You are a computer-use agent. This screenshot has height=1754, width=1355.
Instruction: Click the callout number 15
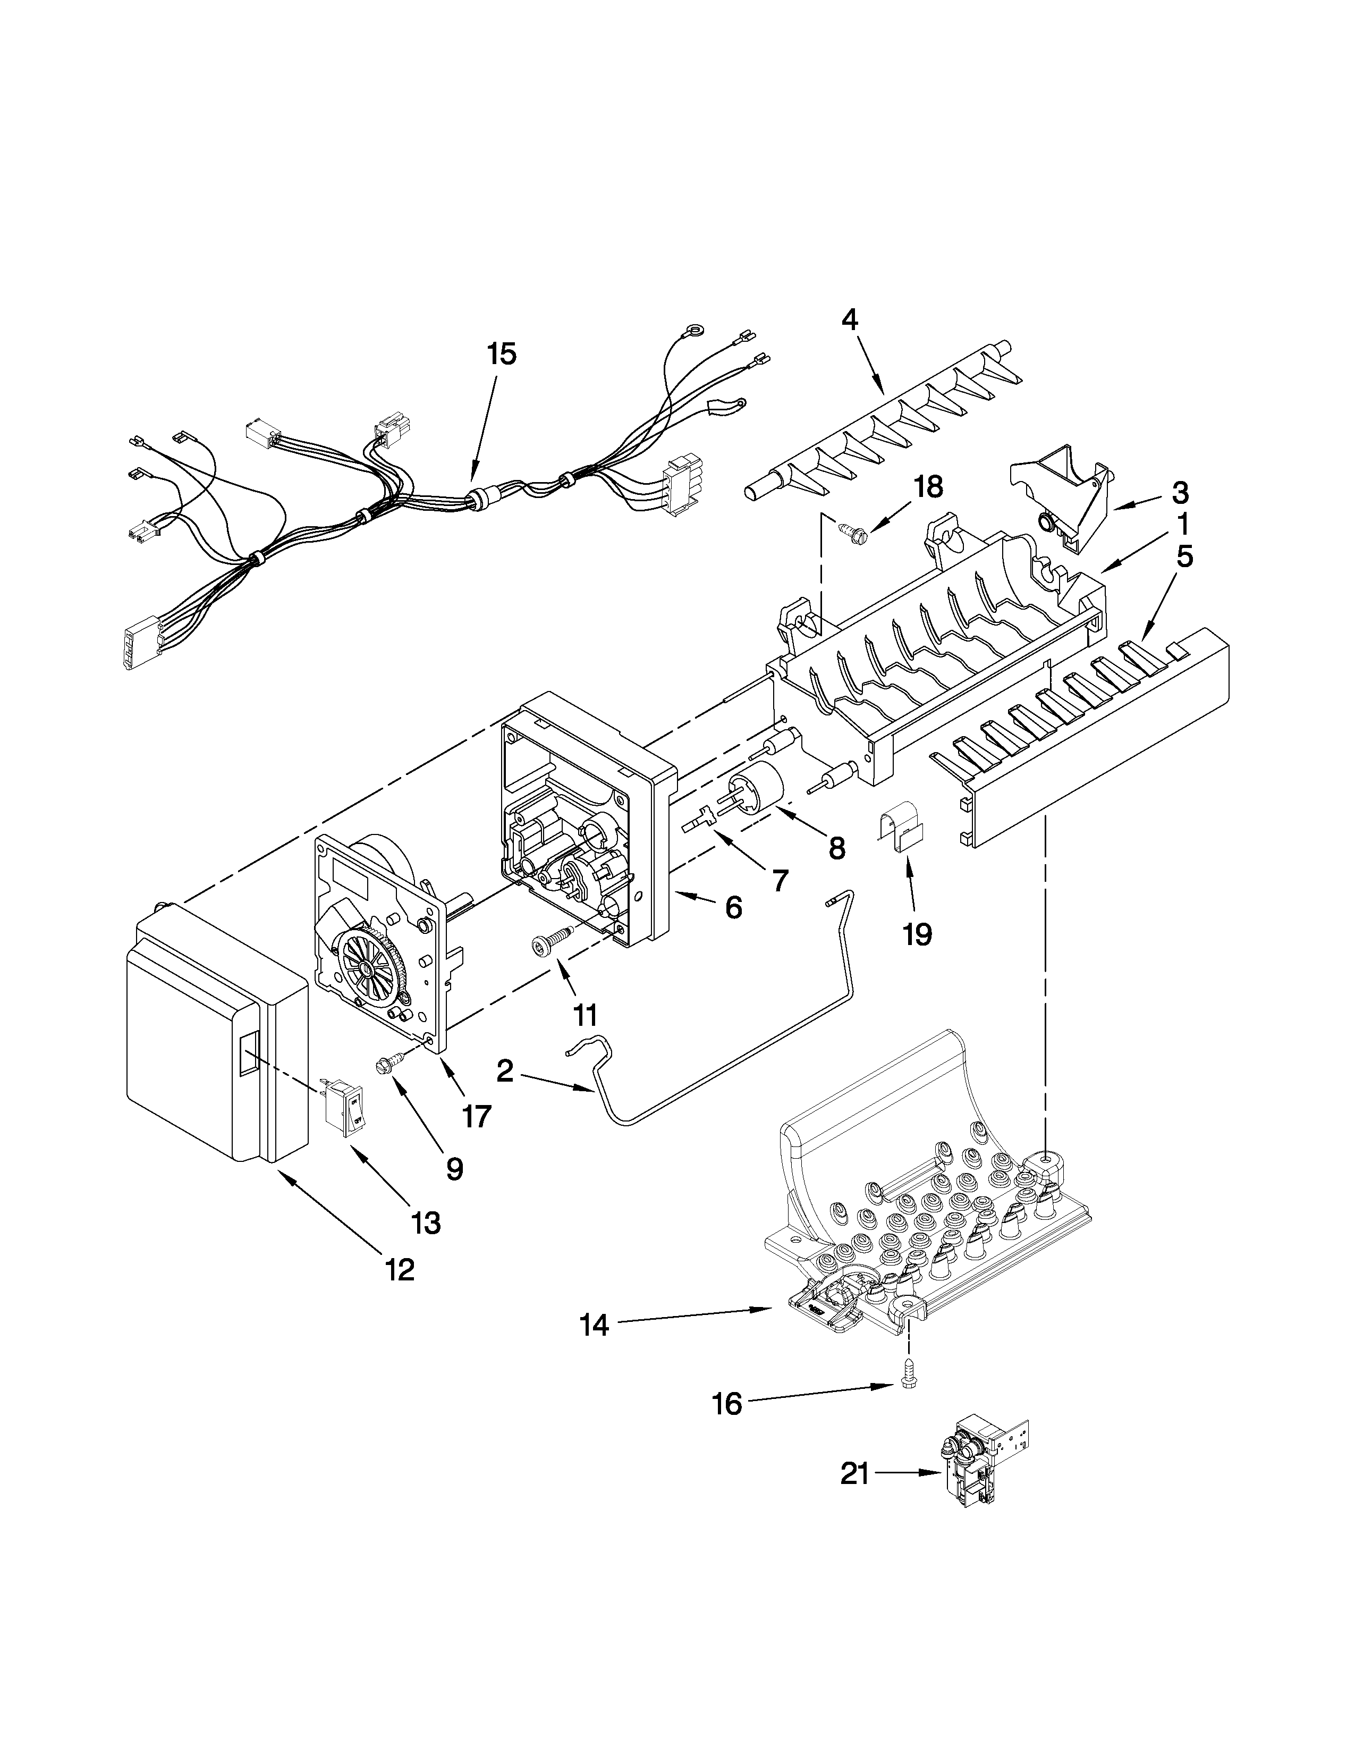click(x=503, y=354)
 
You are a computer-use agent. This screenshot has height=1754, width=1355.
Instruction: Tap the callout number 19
click(x=917, y=934)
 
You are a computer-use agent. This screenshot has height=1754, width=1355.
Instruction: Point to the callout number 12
click(x=400, y=1270)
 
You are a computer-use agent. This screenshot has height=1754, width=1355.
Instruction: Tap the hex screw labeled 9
click(x=386, y=1066)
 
